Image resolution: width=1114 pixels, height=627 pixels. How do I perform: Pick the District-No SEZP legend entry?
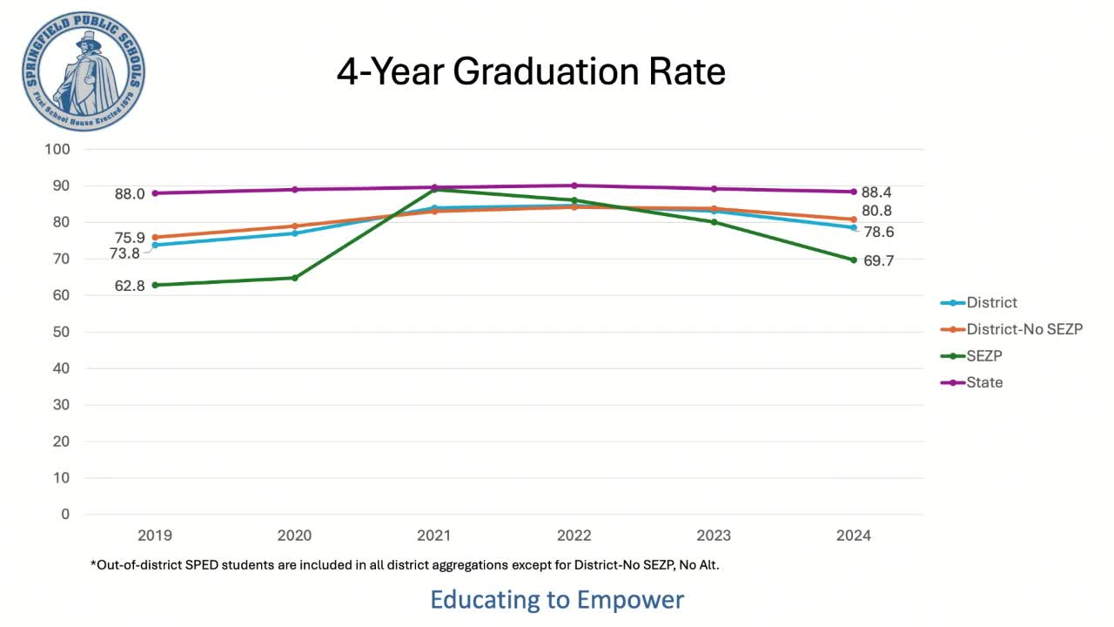[1024, 329]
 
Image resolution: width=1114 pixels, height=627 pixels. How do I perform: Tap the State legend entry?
[984, 382]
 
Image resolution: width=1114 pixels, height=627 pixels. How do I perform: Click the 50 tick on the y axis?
[60, 332]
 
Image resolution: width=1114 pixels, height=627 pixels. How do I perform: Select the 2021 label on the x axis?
[433, 535]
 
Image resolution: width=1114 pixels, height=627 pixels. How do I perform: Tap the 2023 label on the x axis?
[714, 535]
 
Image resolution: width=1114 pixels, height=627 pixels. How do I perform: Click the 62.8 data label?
[130, 286]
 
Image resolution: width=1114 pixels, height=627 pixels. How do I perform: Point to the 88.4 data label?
[876, 192]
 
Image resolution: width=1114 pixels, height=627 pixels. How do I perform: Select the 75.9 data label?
[130, 238]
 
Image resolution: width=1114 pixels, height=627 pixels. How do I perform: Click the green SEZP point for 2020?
[294, 278]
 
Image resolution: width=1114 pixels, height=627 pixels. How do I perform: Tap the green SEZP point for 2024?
[854, 260]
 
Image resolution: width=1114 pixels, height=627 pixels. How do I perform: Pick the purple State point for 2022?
[574, 185]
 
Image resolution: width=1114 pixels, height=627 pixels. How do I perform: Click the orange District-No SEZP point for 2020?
[294, 226]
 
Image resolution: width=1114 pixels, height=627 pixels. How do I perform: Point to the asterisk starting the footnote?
[93, 563]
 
